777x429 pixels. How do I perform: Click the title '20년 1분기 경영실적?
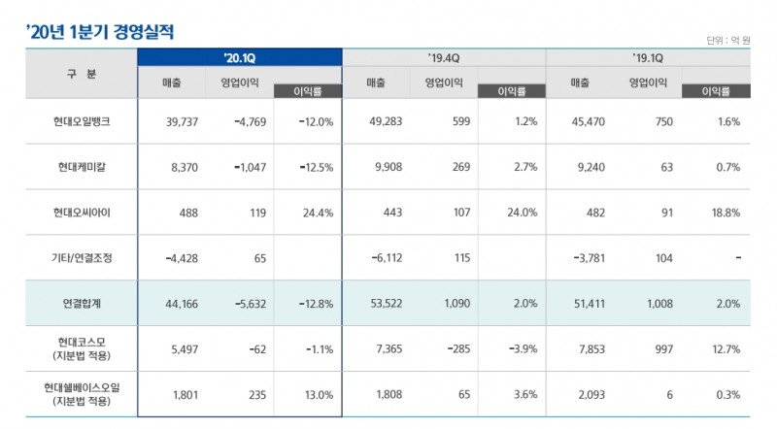click(101, 30)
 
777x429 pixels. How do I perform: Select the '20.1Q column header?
click(239, 57)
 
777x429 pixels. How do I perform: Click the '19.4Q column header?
click(443, 57)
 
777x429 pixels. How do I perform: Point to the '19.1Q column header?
click(647, 57)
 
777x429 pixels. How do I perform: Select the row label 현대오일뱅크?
click(83, 122)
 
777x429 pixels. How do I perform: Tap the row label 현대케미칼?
click(83, 167)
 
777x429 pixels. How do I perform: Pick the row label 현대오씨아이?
click(83, 212)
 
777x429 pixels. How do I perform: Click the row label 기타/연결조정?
click(83, 258)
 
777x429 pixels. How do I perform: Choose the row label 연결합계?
click(83, 304)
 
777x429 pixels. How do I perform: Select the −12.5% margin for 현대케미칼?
click(313, 167)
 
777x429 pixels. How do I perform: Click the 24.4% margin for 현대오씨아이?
click(317, 212)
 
